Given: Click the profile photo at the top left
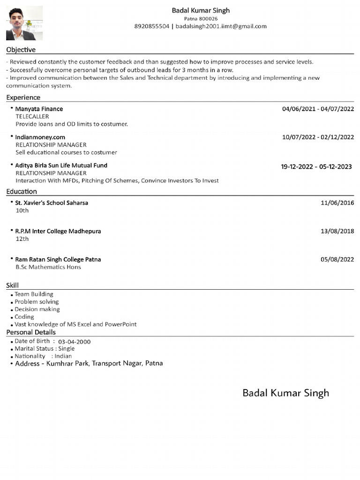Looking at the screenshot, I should [x=24, y=23].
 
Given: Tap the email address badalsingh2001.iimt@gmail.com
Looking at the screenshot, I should [x=221, y=26].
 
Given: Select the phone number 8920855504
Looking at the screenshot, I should [x=151, y=26].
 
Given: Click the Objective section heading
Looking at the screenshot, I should [x=21, y=50].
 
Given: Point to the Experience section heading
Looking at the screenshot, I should [x=23, y=97].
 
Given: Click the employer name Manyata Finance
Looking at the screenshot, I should [x=39, y=109].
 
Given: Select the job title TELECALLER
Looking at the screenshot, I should [x=32, y=116].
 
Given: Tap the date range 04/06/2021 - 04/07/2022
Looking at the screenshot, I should [x=318, y=109].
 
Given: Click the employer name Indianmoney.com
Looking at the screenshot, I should [x=40, y=137].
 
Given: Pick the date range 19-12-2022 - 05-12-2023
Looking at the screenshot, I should [x=316, y=166].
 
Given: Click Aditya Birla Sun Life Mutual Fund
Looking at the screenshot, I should [x=61, y=165].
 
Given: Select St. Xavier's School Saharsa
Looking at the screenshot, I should [x=52, y=202].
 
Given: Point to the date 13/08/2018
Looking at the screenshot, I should [x=337, y=231].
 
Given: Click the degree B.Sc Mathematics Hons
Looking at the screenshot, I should [x=48, y=267].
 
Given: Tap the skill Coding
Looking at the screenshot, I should [x=24, y=317].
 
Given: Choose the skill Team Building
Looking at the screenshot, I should [x=34, y=294].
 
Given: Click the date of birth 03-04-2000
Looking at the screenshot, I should [x=74, y=342].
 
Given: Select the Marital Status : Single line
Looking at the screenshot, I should [x=45, y=349].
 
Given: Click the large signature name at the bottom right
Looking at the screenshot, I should [x=285, y=393].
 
